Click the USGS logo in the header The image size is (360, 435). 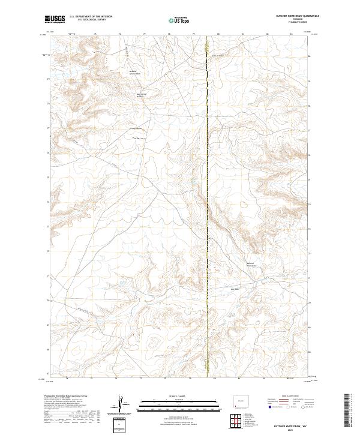tap(54, 20)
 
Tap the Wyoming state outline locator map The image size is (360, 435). tap(241, 400)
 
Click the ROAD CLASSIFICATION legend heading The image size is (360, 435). tap(286, 397)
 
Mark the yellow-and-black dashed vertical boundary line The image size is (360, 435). tap(208, 210)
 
